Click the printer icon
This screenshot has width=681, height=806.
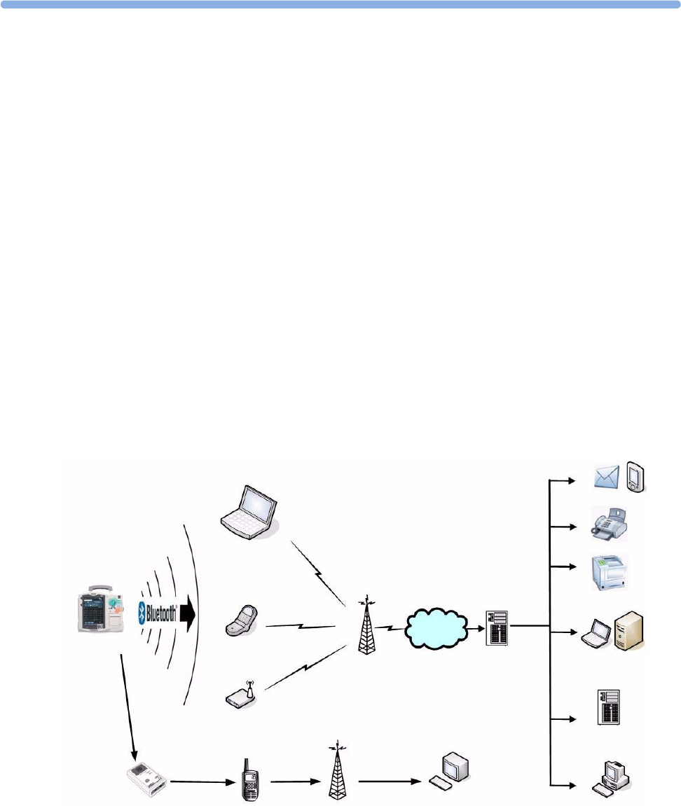(x=609, y=572)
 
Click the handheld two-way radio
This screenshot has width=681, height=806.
(x=248, y=779)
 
